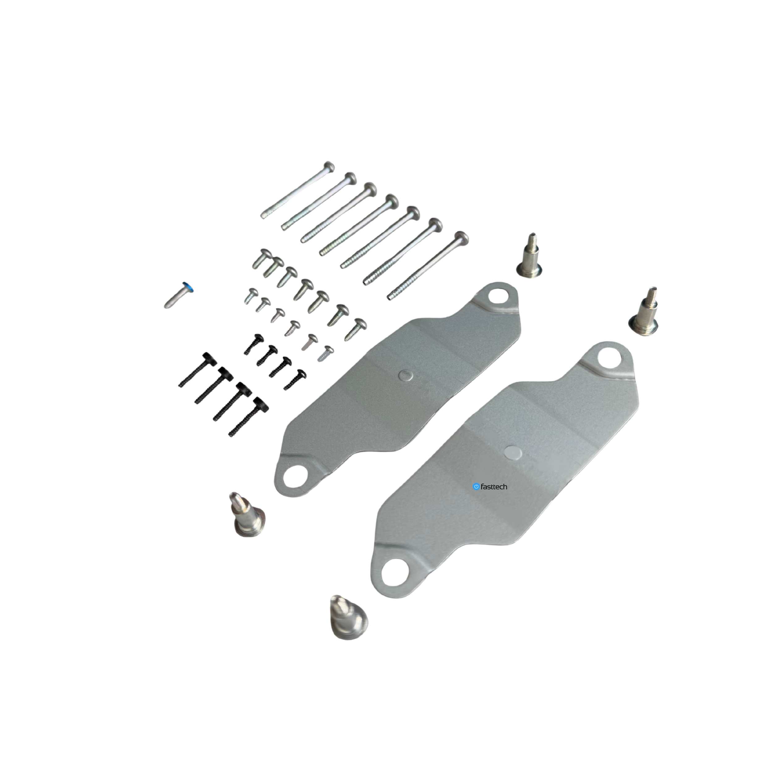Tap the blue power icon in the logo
[476, 486]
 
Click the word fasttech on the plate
[494, 486]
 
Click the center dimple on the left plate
[406, 375]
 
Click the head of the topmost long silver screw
[329, 166]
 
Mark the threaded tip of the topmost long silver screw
[263, 216]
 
